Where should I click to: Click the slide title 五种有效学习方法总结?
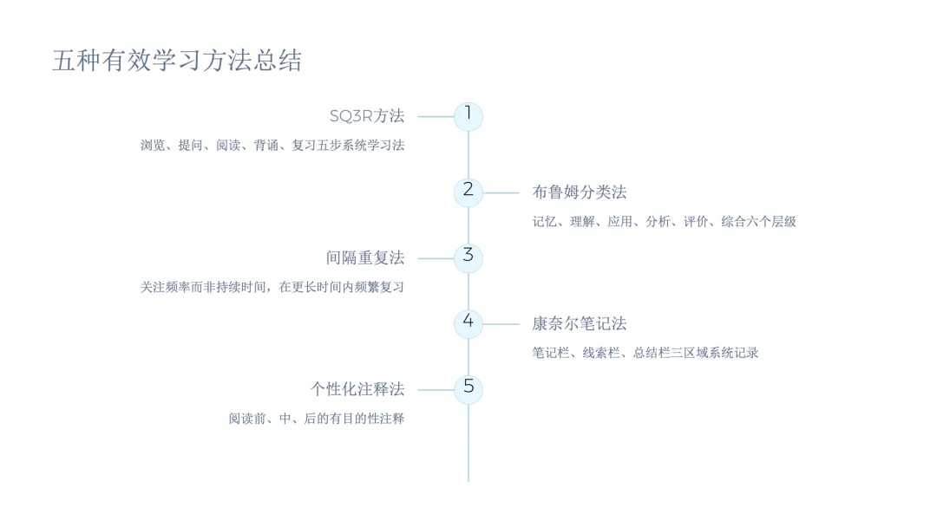click(177, 61)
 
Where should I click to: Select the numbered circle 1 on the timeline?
click(468, 116)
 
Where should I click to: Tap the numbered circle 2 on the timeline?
click(468, 192)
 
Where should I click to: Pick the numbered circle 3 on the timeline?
click(468, 257)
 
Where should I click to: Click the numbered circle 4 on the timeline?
click(468, 323)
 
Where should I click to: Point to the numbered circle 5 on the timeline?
click(468, 389)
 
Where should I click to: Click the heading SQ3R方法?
click(367, 116)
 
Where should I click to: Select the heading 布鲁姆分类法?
click(579, 192)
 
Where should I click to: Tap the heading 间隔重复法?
click(365, 258)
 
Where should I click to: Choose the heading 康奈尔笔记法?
click(579, 324)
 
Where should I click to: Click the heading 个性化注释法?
click(357, 390)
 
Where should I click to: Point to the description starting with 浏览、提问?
click(272, 146)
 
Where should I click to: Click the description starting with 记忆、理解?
click(664, 222)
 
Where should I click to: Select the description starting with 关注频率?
click(272, 287)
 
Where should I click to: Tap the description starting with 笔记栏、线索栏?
click(645, 353)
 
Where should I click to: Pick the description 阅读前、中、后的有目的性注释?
click(317, 419)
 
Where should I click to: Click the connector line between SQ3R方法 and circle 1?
click(436, 116)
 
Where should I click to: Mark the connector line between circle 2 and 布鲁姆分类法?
click(501, 192)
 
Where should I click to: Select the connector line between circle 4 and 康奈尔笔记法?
click(501, 324)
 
